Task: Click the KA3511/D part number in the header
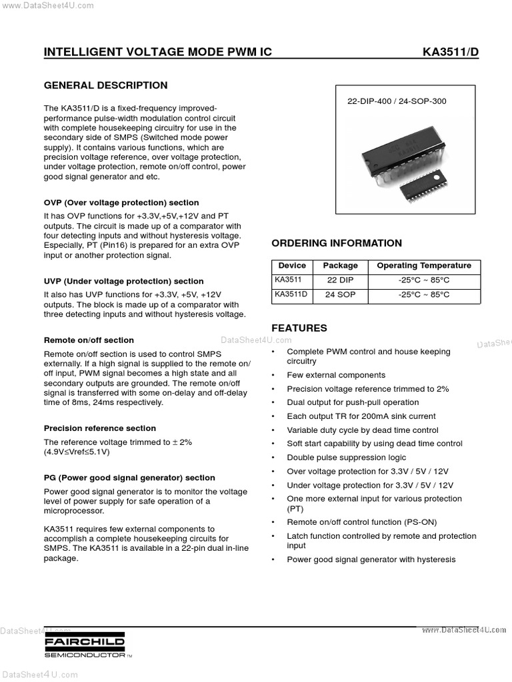click(x=451, y=52)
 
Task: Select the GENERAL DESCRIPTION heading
click(x=105, y=85)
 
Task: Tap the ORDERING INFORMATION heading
click(x=337, y=243)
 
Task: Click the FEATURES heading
click(x=299, y=328)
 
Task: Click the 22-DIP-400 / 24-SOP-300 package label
click(x=397, y=102)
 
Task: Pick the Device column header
click(x=292, y=265)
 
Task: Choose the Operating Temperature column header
click(x=423, y=265)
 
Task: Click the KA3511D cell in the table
click(x=291, y=294)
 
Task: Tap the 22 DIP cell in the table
click(x=340, y=280)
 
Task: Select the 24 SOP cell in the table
click(x=340, y=294)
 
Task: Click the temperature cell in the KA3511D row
click(x=423, y=294)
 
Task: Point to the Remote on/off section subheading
click(x=89, y=340)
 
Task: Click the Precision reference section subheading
click(x=100, y=428)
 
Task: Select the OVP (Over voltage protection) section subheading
click(x=121, y=202)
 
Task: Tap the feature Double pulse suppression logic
click(x=346, y=458)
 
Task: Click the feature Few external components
click(x=336, y=375)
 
